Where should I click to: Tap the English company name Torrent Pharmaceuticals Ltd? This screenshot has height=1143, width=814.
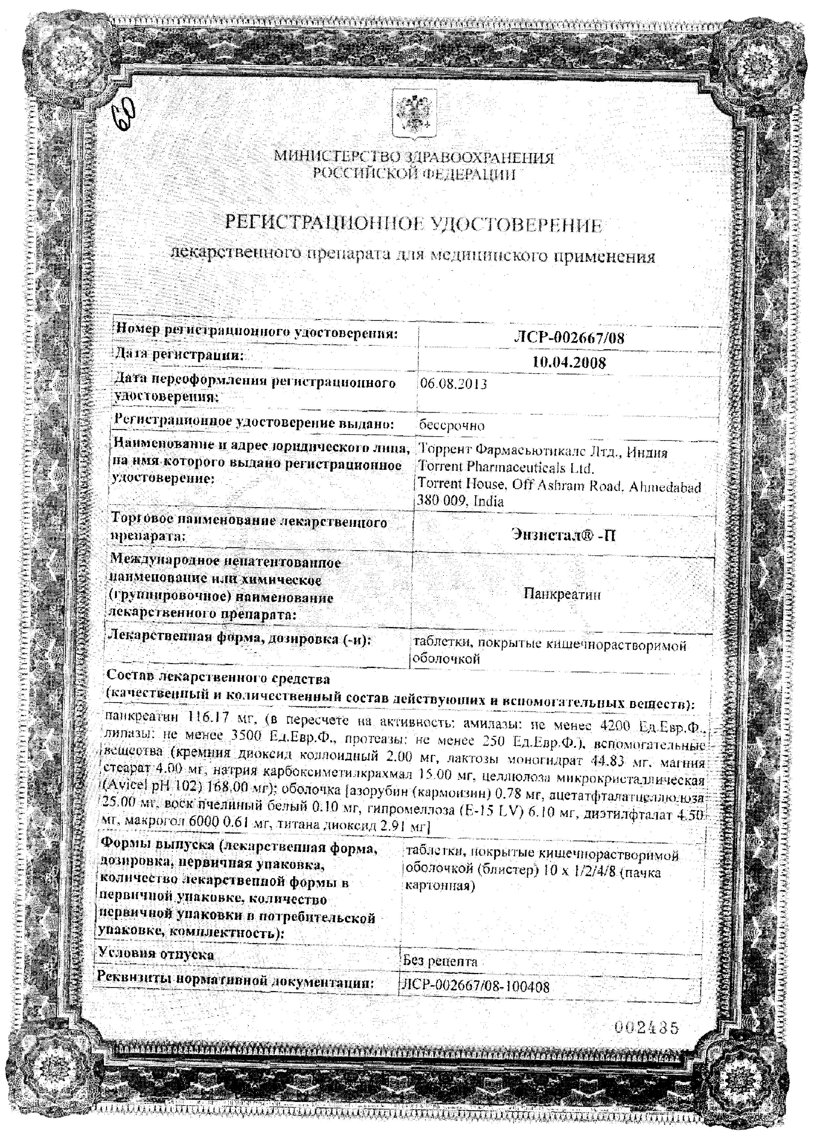pyautogui.click(x=506, y=468)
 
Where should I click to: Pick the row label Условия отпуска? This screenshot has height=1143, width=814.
pyautogui.click(x=156, y=954)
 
